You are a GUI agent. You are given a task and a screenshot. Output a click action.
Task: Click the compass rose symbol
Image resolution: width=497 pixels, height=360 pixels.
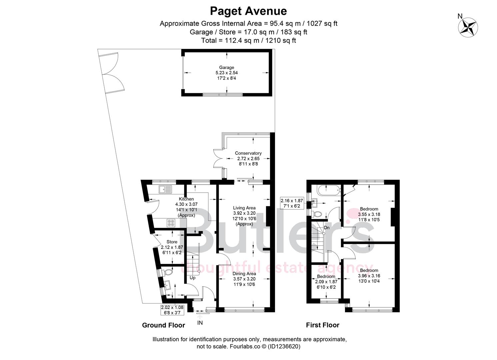tap(468, 28)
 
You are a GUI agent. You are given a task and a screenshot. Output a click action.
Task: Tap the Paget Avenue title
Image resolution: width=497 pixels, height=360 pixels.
tap(248, 11)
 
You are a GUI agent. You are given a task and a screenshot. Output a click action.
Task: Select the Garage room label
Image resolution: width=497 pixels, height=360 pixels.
tap(227, 67)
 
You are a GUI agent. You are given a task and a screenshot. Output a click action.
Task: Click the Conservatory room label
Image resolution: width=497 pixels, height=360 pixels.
tap(248, 153)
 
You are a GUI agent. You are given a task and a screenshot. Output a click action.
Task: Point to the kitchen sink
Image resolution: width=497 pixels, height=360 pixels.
tap(166, 189)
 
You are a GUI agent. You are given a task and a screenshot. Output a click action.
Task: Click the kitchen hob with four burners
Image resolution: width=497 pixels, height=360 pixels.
tap(171, 223)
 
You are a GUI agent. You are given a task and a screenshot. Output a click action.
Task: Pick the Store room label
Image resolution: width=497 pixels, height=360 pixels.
tap(172, 242)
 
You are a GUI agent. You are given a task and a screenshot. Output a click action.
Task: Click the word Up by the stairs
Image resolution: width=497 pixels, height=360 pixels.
tap(192, 278)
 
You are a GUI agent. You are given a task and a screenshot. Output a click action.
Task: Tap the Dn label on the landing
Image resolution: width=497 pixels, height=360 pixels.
tap(327, 228)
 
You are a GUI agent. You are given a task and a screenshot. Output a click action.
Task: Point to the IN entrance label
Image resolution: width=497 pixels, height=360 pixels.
tap(200, 323)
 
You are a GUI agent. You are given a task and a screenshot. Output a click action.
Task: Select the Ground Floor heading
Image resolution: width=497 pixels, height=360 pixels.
tap(164, 325)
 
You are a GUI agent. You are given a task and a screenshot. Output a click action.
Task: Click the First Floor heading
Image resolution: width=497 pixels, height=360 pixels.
tap(323, 325)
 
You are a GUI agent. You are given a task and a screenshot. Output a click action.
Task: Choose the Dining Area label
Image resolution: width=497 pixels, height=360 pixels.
tap(244, 274)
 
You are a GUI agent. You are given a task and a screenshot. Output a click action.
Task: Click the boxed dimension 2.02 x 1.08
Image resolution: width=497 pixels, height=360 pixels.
tap(172, 307)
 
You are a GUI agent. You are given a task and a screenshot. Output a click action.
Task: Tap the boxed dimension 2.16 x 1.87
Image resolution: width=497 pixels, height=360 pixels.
tap(292, 201)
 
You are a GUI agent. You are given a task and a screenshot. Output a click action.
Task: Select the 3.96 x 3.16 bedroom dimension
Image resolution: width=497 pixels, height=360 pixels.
tap(369, 276)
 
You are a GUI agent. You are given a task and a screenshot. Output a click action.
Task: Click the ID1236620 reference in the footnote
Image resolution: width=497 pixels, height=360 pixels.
tap(284, 346)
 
